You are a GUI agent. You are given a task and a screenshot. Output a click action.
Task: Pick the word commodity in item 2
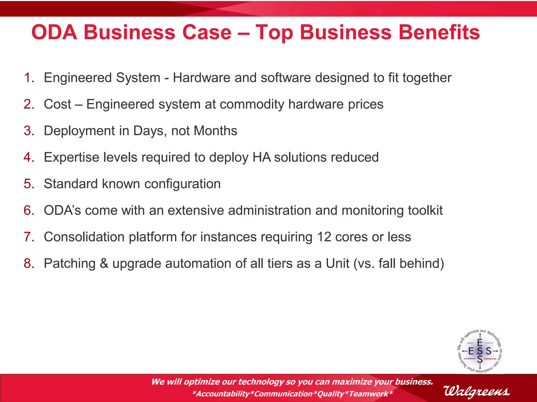tap(252, 104)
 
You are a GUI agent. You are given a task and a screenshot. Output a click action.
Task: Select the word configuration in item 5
tap(182, 184)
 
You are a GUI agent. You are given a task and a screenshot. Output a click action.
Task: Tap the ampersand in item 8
tap(104, 263)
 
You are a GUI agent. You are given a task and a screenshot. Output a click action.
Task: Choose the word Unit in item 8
tap(337, 263)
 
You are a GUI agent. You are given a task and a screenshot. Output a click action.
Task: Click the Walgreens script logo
tap(476, 392)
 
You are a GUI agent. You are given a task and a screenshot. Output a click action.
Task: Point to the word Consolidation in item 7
tap(84, 237)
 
